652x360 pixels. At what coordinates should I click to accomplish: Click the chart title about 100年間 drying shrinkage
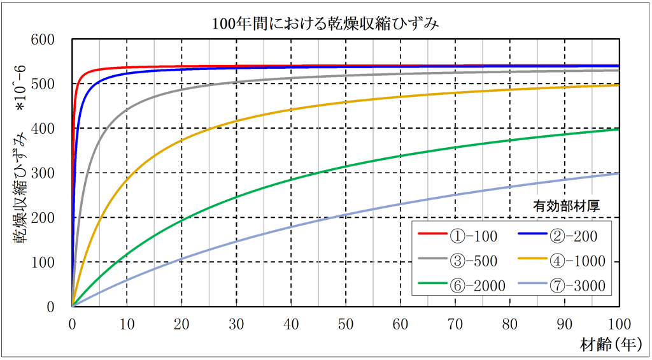point(326,24)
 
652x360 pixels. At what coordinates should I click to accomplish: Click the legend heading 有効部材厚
point(567,206)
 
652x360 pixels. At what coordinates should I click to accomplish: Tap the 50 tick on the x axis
point(346,324)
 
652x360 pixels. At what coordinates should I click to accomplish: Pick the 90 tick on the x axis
point(564,324)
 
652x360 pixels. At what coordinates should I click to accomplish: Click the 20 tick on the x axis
point(181,324)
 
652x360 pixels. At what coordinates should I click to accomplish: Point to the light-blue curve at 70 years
point(455,195)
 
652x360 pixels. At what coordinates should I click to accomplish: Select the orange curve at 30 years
point(236,121)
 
